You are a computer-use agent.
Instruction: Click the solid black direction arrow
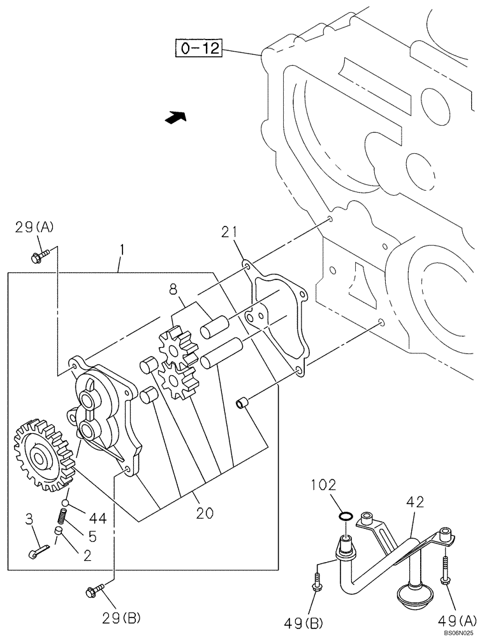pos(175,117)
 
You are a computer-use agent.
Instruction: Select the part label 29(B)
pos(121,617)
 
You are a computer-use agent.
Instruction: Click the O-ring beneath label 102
pos(344,516)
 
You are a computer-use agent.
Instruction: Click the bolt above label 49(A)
pos(445,570)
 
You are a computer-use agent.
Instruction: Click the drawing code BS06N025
pos(460,632)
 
